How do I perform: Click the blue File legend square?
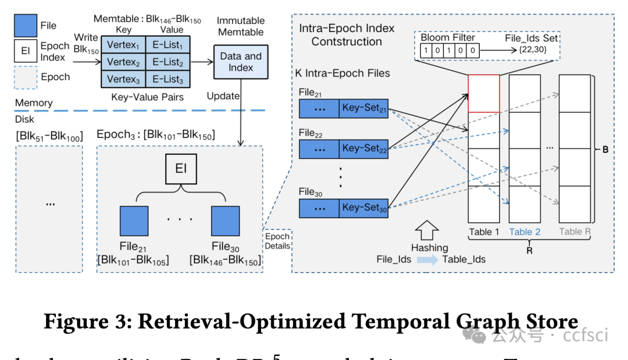point(26,26)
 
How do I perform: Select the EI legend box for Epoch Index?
point(26,51)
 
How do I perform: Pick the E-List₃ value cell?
point(165,80)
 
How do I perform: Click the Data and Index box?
point(241,62)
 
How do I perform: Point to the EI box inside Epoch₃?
point(180,169)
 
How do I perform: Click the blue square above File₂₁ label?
point(134,220)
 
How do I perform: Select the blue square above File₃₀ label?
point(225,220)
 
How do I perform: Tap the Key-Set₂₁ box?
point(364,109)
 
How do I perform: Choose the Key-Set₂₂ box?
point(364,148)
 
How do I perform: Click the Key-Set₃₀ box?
point(364,208)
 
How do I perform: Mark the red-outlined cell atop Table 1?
point(484,93)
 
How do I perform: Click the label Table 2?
point(525,232)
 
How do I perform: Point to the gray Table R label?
point(575,232)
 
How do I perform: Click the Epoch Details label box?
point(277,241)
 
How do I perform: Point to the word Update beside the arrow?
point(223,95)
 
